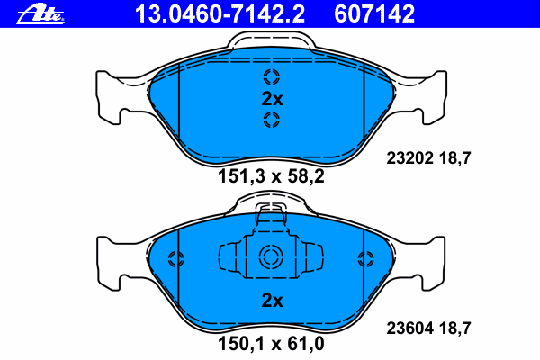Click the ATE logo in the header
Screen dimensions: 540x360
point(40,14)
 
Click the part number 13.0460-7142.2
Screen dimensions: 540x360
point(220,14)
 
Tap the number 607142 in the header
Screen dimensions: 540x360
point(374,14)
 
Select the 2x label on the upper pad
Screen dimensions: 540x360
point(272,99)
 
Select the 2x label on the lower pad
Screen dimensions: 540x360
point(272,301)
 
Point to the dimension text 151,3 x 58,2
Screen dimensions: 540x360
point(271,177)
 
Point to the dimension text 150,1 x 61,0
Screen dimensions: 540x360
point(271,344)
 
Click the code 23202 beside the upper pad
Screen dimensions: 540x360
point(409,158)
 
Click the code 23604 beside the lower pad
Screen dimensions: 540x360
point(409,328)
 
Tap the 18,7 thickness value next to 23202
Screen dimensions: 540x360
point(454,158)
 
